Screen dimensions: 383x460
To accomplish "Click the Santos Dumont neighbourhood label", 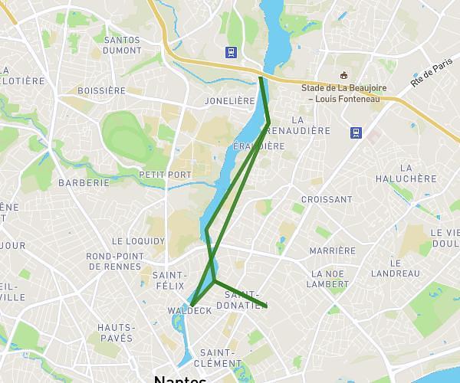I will pos(122,45).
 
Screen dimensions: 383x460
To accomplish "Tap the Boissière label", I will pos(101,90).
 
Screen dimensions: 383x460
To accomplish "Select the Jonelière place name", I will pos(229,100).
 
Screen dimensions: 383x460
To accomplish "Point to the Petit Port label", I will pos(165,175).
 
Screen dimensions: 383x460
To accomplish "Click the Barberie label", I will pos(84,183).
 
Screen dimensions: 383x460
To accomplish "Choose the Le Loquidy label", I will pos(138,241).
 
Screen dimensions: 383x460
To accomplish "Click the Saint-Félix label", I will pos(169,280).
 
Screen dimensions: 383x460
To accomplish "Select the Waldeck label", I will pos(189,310).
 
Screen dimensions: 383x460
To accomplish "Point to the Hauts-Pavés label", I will pos(116,332).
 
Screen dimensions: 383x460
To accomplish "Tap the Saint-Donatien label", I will pos(242,300).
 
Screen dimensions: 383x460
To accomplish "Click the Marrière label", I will pos(332,250).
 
